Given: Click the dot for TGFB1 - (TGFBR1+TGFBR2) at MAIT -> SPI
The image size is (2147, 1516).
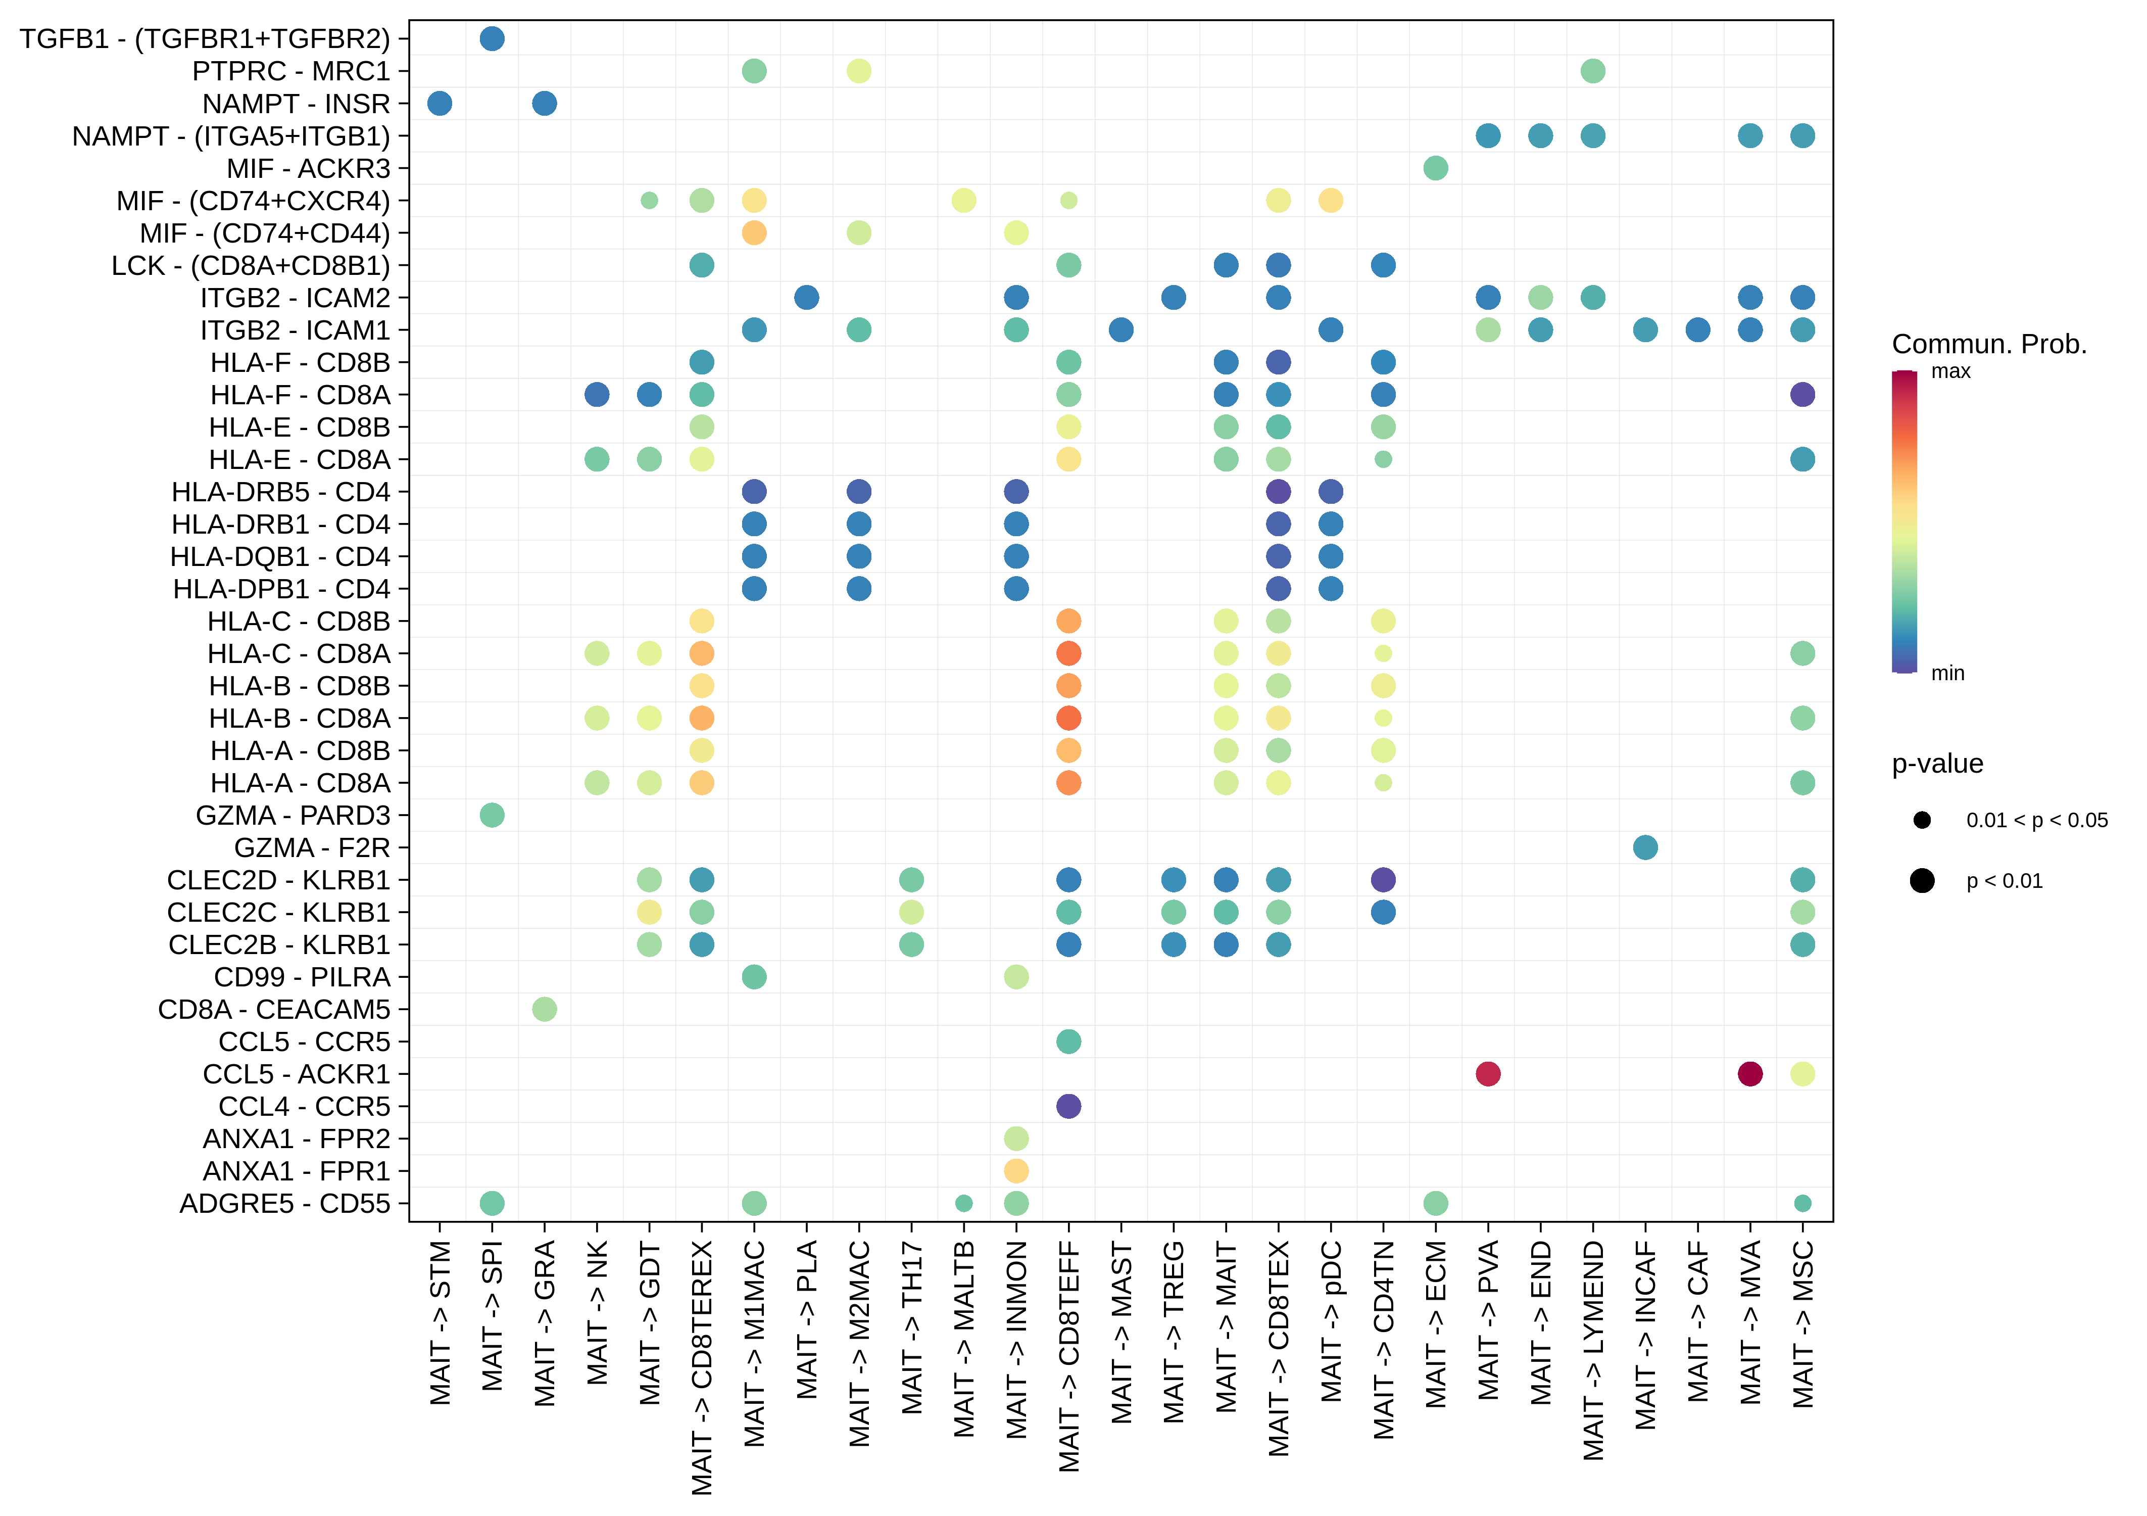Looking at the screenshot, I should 492,38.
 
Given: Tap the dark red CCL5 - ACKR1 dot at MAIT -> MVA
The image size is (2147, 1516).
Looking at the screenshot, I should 1749,1074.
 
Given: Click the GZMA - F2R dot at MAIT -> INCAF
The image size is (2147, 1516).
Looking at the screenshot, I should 1645,847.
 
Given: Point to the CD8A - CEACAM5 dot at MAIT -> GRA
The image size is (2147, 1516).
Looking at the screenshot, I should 544,1009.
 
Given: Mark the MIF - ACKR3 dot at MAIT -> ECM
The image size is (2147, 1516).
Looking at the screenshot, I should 1435,168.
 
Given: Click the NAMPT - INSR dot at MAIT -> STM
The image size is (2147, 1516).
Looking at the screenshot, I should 440,103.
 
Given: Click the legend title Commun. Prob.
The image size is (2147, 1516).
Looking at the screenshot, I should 1989,344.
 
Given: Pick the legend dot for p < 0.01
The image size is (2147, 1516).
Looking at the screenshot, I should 1922,880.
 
